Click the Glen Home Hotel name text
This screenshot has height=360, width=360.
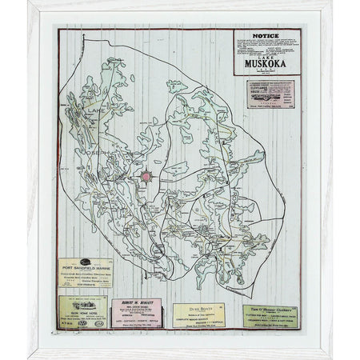pos(82,315)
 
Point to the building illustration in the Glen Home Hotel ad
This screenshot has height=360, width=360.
pos(82,305)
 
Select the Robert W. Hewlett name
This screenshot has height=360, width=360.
pos(134,305)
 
